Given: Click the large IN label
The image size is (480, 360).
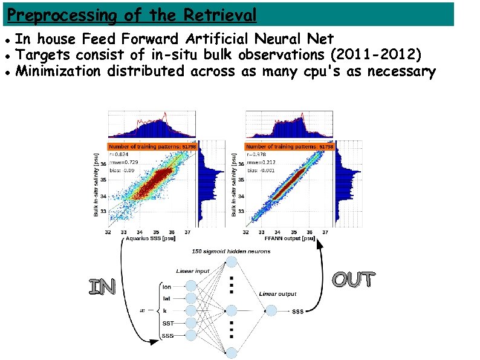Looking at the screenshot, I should [102, 287].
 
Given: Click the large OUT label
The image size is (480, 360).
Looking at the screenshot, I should [354, 280].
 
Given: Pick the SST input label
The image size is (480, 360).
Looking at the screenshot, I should [167, 323].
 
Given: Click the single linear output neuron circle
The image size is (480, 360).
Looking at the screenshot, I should [270, 310].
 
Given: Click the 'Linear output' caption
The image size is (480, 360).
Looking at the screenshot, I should [277, 294].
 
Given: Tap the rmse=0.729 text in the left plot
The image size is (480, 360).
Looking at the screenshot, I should [122, 163].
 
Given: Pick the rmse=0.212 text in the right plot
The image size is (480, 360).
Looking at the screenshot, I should [260, 163].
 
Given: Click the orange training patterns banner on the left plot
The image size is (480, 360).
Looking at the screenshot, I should [151, 146].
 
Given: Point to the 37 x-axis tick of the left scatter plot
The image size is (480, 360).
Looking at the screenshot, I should [187, 232].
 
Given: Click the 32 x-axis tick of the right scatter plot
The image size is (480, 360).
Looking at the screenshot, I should [246, 232].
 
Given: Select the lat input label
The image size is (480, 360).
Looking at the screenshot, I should [167, 299].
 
